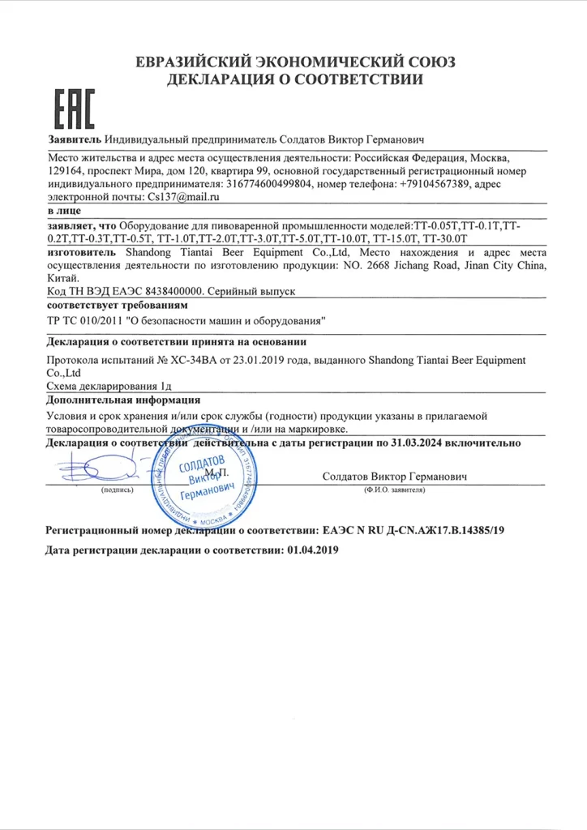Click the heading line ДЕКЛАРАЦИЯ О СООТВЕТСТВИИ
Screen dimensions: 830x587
[x=293, y=79]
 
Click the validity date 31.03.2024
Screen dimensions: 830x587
[x=413, y=443]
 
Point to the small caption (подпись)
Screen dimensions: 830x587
[x=117, y=491]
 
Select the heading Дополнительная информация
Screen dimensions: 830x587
[x=123, y=400]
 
